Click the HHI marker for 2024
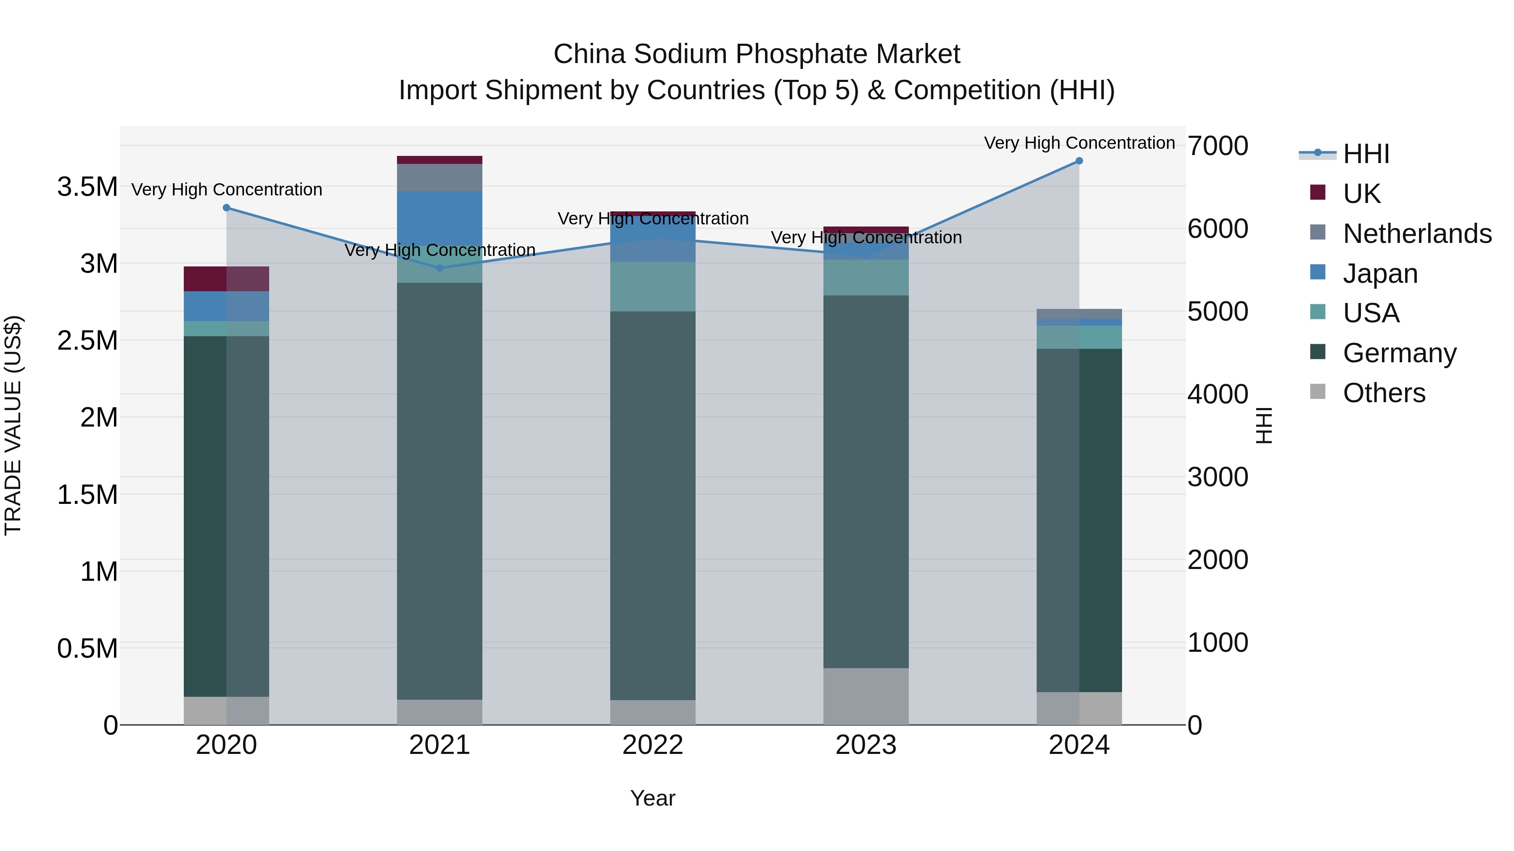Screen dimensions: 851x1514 (1079, 161)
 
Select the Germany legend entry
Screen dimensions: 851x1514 (1399, 353)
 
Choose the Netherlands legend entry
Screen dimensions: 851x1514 (1416, 234)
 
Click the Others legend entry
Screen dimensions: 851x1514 (1384, 393)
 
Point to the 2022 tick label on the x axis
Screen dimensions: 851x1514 (652, 745)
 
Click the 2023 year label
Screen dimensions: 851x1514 (866, 745)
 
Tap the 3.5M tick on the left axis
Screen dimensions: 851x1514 (87, 187)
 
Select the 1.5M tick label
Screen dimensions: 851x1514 (87, 495)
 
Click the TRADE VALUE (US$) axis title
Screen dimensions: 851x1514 (13, 425)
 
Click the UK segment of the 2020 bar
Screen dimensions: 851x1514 (226, 279)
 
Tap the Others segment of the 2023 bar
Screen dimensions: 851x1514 (866, 696)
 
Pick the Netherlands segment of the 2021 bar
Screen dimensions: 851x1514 (439, 177)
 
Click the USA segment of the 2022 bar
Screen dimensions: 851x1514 (652, 287)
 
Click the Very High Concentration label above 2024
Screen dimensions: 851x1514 (1079, 143)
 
